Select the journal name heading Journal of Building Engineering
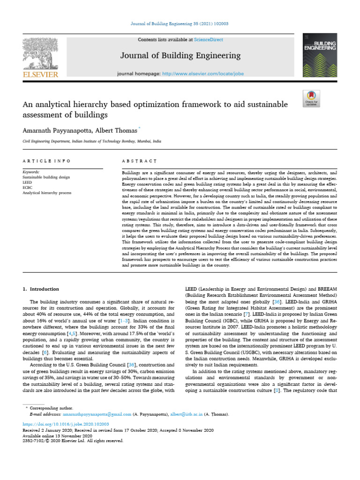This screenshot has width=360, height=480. click(180, 56)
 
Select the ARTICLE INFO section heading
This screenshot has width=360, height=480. click(46, 161)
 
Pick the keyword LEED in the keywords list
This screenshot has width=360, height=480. click(27, 183)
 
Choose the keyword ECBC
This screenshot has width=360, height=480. click(28, 187)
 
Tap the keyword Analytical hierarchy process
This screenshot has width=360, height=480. click(47, 193)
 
